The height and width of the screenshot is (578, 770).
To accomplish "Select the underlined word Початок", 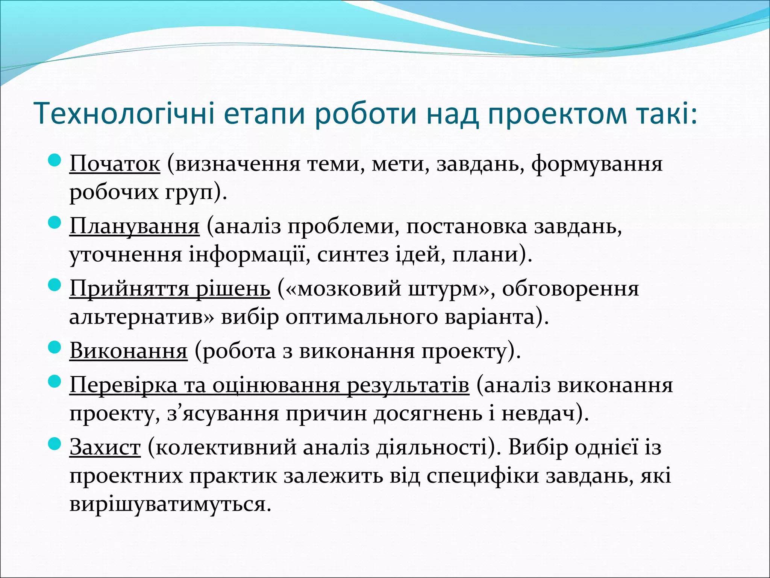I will pyautogui.click(x=115, y=164).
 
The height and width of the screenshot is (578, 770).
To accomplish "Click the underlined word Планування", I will pyautogui.click(x=134, y=226).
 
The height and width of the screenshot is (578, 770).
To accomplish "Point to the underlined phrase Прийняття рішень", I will pyautogui.click(x=170, y=289).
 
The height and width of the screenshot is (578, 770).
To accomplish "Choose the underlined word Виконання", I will pyautogui.click(x=128, y=351).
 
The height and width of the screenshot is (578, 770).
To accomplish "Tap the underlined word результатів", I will pyautogui.click(x=408, y=385).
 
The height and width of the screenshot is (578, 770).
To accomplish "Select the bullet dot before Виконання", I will pyautogui.click(x=55, y=348).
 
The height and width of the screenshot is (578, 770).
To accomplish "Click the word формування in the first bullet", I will pyautogui.click(x=597, y=164).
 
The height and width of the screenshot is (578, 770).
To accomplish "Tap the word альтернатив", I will pyautogui.click(x=137, y=317).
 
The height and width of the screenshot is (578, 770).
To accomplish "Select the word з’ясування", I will pyautogui.click(x=223, y=414).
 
